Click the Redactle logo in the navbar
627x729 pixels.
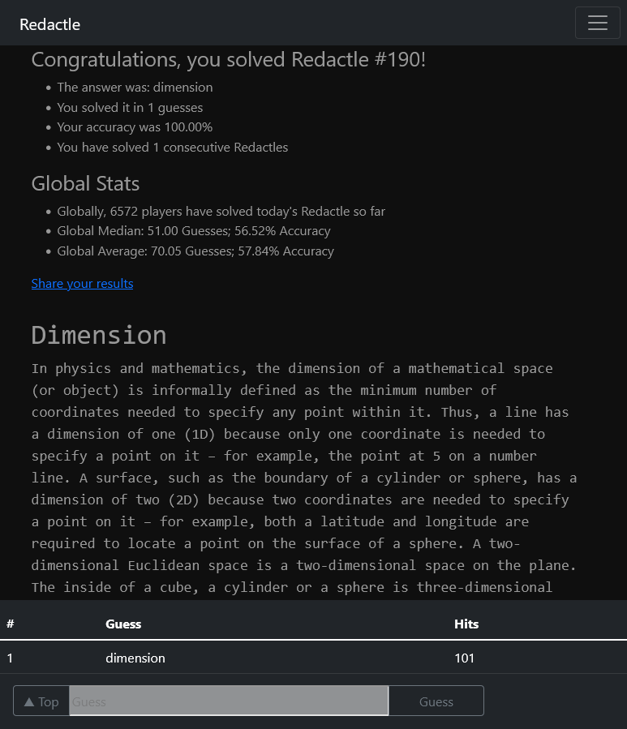click(49, 24)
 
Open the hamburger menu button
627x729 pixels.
click(597, 23)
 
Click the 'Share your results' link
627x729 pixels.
click(82, 283)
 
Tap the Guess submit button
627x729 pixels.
click(436, 701)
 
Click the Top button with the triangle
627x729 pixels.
click(41, 701)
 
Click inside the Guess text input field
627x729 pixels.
click(229, 701)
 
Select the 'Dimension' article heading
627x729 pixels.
click(99, 335)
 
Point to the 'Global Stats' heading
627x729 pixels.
click(85, 184)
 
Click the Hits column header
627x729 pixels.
click(466, 624)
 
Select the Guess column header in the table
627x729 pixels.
click(123, 624)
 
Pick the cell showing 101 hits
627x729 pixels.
click(464, 658)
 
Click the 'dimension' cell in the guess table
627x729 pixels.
click(135, 658)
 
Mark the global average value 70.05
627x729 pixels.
click(166, 251)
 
